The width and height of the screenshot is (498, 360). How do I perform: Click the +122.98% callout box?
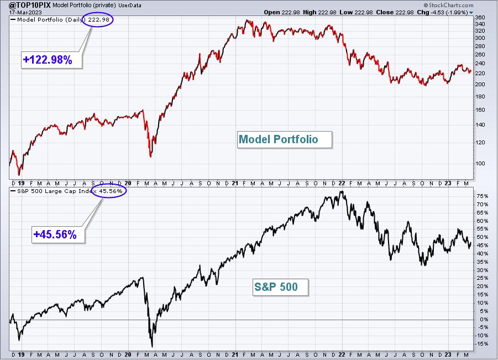[52, 60]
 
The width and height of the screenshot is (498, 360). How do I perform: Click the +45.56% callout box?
[58, 234]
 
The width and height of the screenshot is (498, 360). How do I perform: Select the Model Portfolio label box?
[285, 139]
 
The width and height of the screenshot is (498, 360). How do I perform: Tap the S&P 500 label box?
[280, 287]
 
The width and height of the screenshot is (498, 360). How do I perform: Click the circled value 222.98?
[98, 20]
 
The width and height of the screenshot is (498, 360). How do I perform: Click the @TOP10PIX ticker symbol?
[25, 5]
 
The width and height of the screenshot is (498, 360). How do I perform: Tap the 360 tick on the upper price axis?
[480, 18]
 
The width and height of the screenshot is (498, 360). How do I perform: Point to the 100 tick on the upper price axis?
[480, 163]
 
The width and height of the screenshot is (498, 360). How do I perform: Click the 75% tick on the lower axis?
[482, 196]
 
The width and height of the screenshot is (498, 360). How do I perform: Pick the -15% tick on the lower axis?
[481, 344]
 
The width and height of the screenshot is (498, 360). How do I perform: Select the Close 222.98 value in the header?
[395, 12]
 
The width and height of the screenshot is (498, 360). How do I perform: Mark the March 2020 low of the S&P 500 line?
[152, 347]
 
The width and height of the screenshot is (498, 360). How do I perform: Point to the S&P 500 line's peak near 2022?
[342, 191]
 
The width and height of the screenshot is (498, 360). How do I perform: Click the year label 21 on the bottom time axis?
[235, 354]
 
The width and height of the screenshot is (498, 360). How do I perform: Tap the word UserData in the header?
[130, 6]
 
